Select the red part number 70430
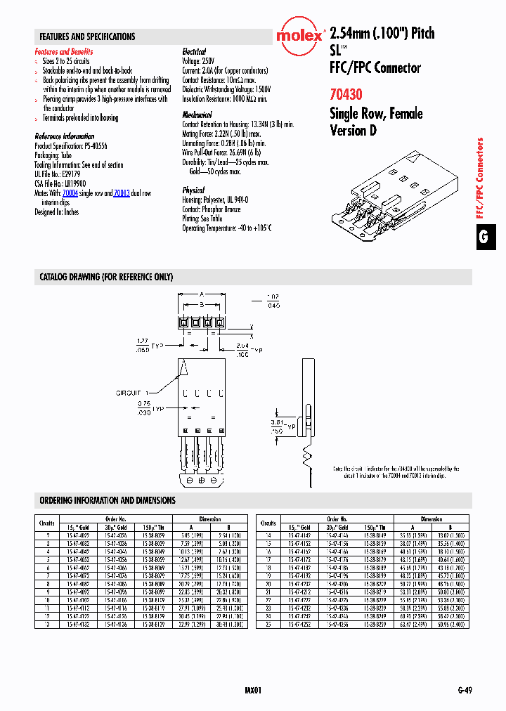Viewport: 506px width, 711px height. coord(346,93)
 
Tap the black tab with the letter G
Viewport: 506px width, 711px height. coord(484,237)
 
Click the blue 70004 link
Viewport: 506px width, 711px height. coord(70,193)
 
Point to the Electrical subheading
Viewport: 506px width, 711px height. coord(194,52)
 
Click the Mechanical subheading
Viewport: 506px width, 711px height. coord(197,115)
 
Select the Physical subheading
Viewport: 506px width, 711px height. coord(193,190)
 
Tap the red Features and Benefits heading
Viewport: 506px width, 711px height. coord(64,52)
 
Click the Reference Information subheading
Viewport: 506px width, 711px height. coord(65,136)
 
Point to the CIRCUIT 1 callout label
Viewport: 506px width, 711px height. coord(129,393)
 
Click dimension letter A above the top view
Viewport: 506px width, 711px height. coord(201,294)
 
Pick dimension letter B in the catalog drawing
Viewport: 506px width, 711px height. coord(201,304)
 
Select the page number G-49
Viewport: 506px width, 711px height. coord(463,691)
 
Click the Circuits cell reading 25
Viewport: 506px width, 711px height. coord(268,622)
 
